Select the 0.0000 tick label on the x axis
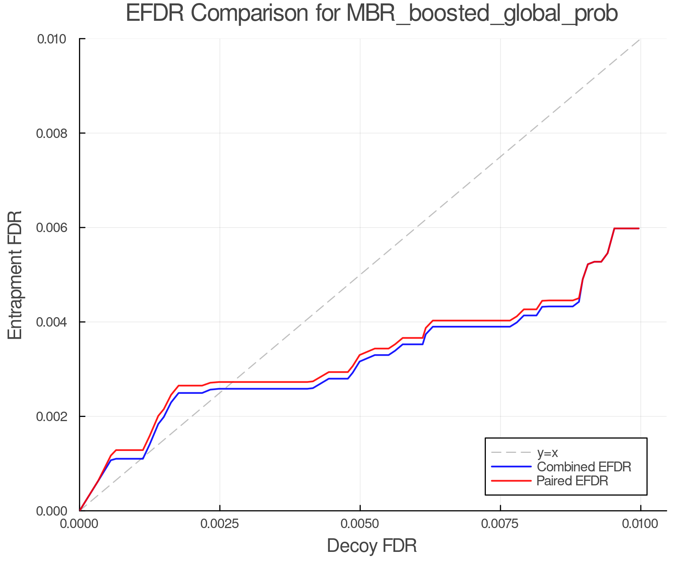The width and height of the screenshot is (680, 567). tap(79, 524)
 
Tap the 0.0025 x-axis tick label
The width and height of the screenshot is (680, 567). tap(220, 524)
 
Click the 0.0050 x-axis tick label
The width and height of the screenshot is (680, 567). tap(360, 524)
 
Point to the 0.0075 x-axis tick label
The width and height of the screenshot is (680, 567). tap(500, 524)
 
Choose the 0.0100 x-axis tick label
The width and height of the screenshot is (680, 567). tap(640, 524)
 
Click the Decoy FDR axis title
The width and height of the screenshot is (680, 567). tap(372, 546)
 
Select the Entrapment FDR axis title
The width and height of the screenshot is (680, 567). tap(15, 275)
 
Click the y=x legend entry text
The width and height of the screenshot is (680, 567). tap(547, 452)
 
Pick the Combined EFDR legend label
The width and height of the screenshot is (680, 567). tap(584, 466)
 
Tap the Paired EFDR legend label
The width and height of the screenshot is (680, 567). tap(572, 481)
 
